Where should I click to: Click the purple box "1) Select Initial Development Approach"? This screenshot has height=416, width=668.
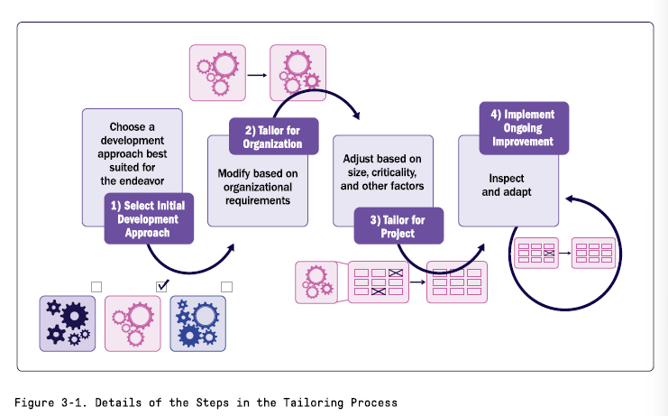click(x=150, y=219)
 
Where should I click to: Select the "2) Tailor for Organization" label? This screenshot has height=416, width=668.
click(x=271, y=135)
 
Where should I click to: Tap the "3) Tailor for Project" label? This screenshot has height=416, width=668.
click(x=398, y=226)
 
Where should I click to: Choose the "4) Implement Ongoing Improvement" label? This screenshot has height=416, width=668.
click(x=522, y=128)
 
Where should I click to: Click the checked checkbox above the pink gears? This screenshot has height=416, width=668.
click(x=162, y=286)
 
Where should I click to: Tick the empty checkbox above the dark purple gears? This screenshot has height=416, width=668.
click(x=96, y=286)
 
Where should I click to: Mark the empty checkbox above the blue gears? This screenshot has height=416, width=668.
click(x=227, y=286)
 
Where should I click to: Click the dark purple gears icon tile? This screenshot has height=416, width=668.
click(x=68, y=322)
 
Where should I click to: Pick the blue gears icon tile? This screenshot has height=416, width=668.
click(x=197, y=322)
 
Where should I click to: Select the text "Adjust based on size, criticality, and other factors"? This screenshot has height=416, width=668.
click(x=382, y=173)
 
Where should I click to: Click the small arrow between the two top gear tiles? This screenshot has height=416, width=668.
click(x=258, y=72)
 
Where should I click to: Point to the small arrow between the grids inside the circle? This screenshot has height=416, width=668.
click(x=564, y=253)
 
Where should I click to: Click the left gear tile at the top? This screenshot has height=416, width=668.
click(x=215, y=72)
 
